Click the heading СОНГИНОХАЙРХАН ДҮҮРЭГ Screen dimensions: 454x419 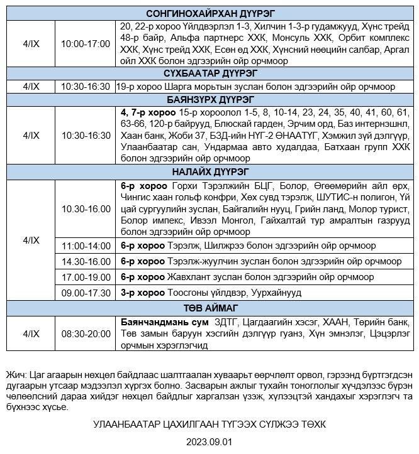(x=209, y=14)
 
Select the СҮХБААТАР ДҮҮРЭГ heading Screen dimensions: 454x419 (x=209, y=73)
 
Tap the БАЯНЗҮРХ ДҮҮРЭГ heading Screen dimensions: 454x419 (x=209, y=99)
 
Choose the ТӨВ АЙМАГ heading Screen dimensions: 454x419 (x=209, y=307)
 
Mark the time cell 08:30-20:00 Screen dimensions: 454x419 (x=86, y=333)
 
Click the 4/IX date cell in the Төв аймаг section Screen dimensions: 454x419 (x=31, y=333)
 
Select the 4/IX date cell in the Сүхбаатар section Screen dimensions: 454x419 (x=31, y=86)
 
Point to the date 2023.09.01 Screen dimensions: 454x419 (x=209, y=441)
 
